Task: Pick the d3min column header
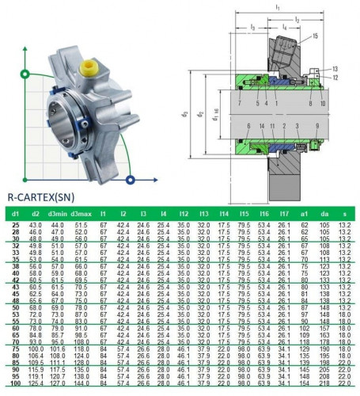click(57, 213)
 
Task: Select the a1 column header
click(305, 213)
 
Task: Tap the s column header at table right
click(344, 213)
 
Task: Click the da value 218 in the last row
click(324, 383)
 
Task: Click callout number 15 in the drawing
click(316, 36)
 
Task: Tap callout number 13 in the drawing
click(335, 69)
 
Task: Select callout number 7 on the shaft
click(237, 103)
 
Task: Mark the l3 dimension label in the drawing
click(252, 27)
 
